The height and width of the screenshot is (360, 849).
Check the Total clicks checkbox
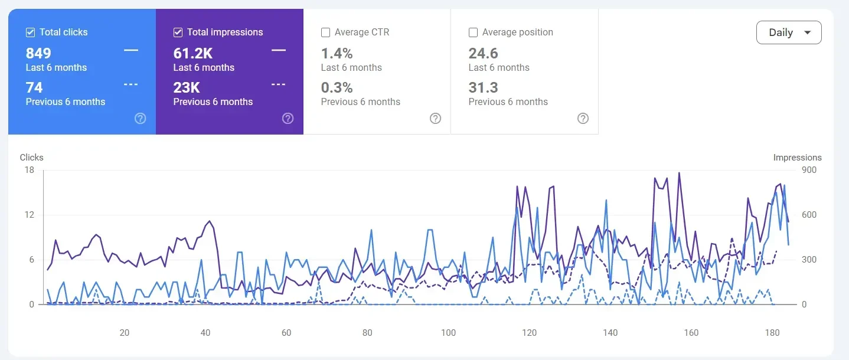coord(31,32)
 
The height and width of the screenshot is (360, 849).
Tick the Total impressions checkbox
coord(178,32)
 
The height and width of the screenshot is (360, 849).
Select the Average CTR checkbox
coord(325,32)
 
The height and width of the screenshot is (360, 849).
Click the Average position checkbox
coord(473,32)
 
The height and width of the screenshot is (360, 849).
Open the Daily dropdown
coord(789,32)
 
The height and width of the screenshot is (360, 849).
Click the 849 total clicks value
coord(38,54)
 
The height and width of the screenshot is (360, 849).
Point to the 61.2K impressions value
coord(192,54)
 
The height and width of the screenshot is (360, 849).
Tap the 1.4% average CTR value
coord(337,54)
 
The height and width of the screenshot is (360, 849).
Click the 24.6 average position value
coord(484,54)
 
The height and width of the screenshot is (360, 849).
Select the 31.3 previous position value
coord(484,88)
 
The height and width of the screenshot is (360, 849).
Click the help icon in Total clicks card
coord(140,119)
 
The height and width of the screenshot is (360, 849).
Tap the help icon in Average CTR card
coord(435,119)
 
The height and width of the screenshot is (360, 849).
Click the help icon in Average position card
coord(583,119)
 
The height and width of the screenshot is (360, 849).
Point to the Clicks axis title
coord(31,158)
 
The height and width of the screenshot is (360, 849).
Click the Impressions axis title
coord(797,158)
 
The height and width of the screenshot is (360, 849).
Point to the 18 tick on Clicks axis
coord(30,171)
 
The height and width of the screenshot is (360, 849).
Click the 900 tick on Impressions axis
coord(809,171)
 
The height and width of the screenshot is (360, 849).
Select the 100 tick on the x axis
coord(449,333)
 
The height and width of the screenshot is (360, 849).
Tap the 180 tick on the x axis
coord(772,333)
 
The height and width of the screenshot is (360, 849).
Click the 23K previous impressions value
coord(187,88)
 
